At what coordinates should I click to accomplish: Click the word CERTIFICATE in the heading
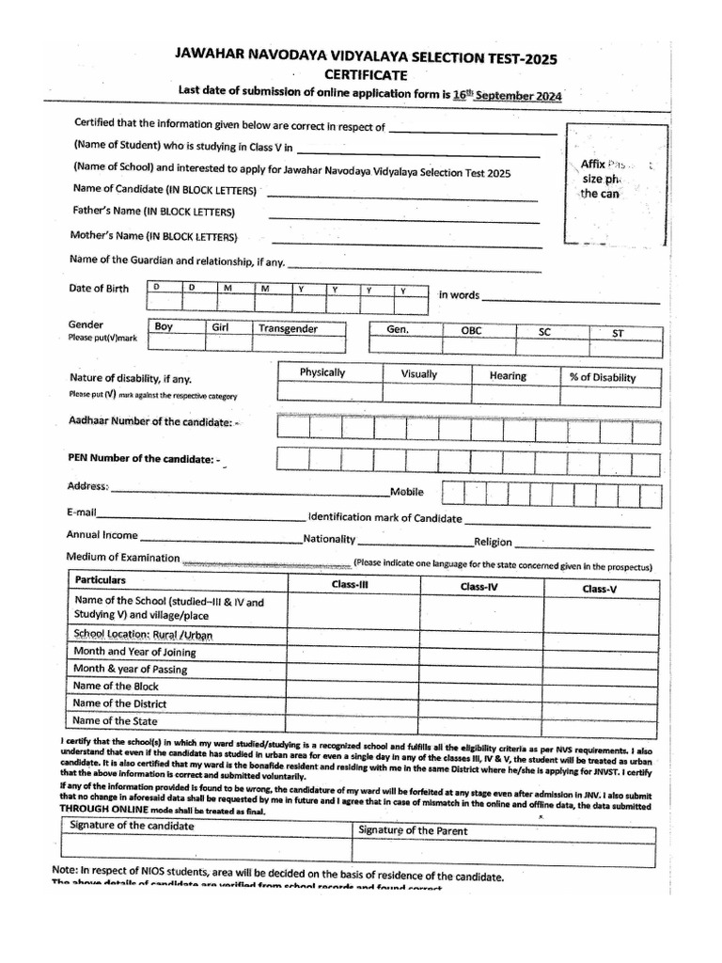[366, 74]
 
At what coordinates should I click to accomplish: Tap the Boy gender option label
[164, 327]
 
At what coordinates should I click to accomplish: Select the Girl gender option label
[222, 327]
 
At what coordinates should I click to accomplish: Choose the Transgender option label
[289, 328]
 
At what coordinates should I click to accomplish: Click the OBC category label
[470, 331]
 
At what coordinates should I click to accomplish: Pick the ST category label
[618, 333]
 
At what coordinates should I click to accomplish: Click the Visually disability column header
[418, 374]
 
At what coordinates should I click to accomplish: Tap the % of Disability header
[603, 377]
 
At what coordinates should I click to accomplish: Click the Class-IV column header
[479, 586]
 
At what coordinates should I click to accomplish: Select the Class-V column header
[600, 588]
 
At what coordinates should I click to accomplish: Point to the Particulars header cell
[101, 580]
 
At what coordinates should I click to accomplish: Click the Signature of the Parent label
[413, 830]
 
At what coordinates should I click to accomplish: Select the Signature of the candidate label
[133, 825]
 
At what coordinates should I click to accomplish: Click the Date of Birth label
[99, 288]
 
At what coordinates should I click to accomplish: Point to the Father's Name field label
[153, 212]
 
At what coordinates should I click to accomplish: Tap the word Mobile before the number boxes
[407, 492]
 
